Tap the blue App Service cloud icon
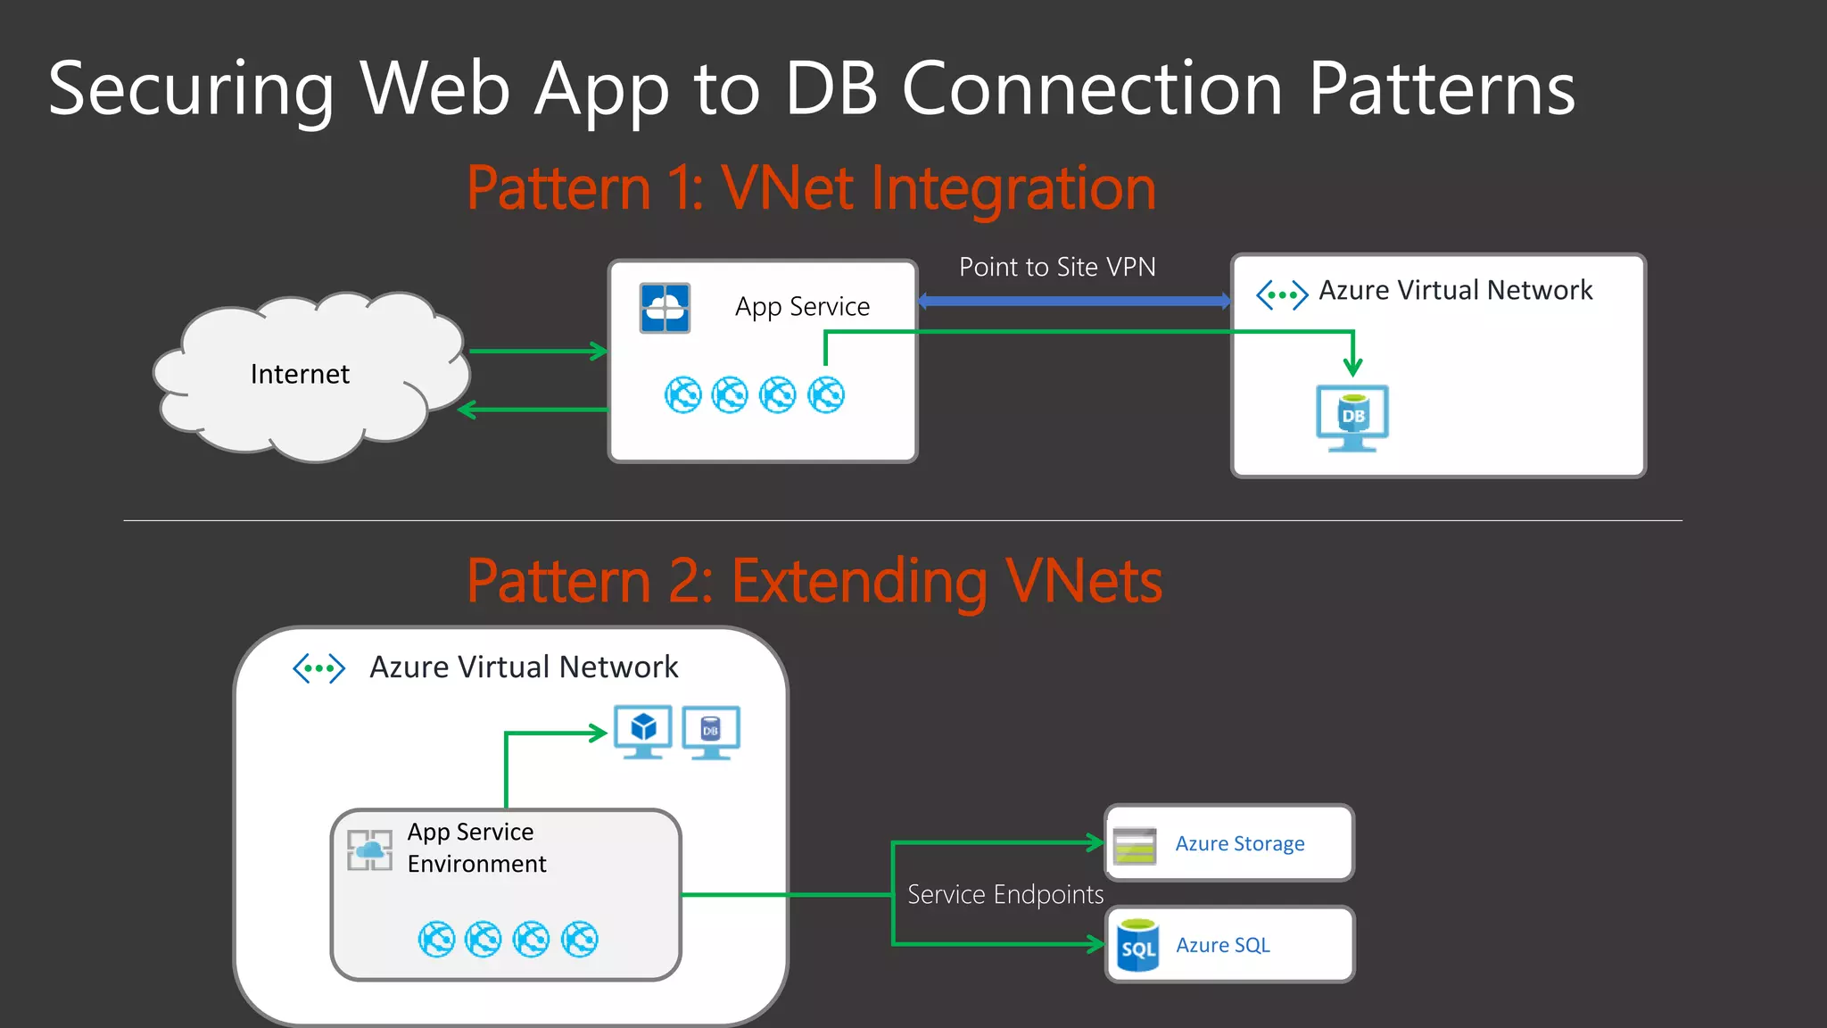(665, 308)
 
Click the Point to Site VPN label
(1057, 267)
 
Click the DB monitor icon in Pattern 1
(1352, 418)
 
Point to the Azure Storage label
(1239, 843)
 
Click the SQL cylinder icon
(1137, 945)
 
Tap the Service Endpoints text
(1005, 894)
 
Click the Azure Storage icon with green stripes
(1135, 845)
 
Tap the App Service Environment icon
(369, 850)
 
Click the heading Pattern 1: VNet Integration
(811, 188)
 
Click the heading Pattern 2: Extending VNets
(814, 581)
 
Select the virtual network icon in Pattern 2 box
(318, 667)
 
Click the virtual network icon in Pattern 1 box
(1282, 294)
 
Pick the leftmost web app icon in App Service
(683, 394)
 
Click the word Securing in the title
(191, 88)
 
